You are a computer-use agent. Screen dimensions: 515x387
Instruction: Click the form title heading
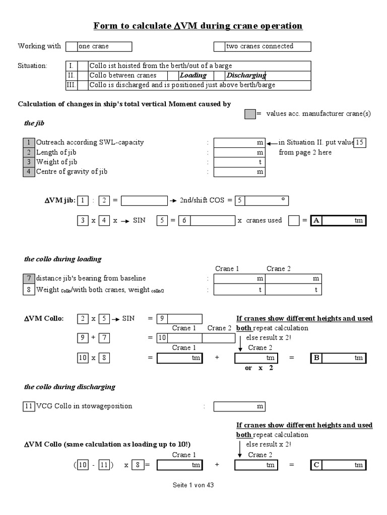198,26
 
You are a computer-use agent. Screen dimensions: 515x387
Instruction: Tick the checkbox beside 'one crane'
72,46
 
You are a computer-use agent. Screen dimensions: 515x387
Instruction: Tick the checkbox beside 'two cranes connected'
219,46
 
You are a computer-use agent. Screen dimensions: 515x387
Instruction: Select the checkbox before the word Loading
172,75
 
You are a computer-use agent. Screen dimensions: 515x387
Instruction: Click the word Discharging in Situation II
246,75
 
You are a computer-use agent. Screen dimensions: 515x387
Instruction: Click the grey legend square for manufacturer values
250,114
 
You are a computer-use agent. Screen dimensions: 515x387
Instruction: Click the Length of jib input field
239,152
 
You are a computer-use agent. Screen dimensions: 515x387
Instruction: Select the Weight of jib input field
239,162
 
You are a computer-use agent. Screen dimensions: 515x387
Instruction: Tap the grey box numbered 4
29,171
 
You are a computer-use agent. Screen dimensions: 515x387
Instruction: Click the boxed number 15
359,142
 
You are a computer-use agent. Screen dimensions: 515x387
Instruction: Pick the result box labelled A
338,221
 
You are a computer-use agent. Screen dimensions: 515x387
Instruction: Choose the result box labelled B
338,358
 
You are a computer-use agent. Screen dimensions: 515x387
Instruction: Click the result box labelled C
338,465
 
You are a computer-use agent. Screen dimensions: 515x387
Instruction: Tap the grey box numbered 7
29,279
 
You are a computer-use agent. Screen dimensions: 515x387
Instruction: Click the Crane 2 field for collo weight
293,290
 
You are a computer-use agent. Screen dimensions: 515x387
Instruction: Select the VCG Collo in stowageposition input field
239,406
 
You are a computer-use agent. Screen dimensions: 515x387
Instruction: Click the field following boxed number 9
185,319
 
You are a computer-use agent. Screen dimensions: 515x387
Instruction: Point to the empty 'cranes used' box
294,221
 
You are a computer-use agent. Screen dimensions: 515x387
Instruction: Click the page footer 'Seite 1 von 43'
193,485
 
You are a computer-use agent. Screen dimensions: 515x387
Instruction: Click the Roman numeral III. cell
71,85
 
